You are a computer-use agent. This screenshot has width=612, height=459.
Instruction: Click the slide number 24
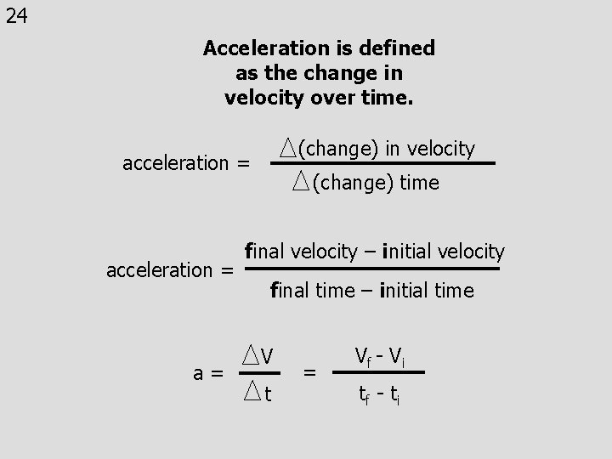click(16, 16)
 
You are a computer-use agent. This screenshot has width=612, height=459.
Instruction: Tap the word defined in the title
click(398, 48)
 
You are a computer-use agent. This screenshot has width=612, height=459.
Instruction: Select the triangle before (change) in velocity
click(288, 149)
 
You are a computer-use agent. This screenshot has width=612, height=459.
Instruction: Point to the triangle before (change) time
click(302, 180)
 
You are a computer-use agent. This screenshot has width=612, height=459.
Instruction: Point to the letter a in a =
click(198, 372)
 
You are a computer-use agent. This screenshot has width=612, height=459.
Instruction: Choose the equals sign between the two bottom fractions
click(310, 371)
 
